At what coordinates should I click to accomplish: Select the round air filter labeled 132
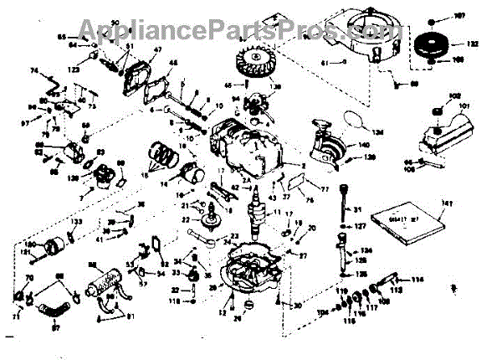click(436, 39)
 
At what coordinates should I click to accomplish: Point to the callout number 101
click(465, 106)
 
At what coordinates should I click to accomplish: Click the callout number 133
click(76, 222)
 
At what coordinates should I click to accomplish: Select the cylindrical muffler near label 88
click(105, 280)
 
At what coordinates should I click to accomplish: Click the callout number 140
click(364, 145)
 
